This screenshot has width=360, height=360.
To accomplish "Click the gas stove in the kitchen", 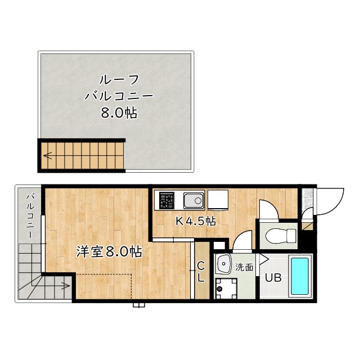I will pyautogui.click(x=167, y=200).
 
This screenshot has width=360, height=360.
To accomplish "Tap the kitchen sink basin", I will pyautogui.click(x=193, y=200).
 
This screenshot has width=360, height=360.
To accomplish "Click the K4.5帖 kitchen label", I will pyautogui.click(x=196, y=221).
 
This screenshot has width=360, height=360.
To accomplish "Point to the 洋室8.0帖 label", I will pyautogui.click(x=109, y=251).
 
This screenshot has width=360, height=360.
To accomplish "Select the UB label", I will pyautogui.click(x=273, y=278).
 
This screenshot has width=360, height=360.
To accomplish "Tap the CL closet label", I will pyautogui.click(x=201, y=271).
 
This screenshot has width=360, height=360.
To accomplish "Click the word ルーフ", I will pyautogui.click(x=119, y=79).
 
